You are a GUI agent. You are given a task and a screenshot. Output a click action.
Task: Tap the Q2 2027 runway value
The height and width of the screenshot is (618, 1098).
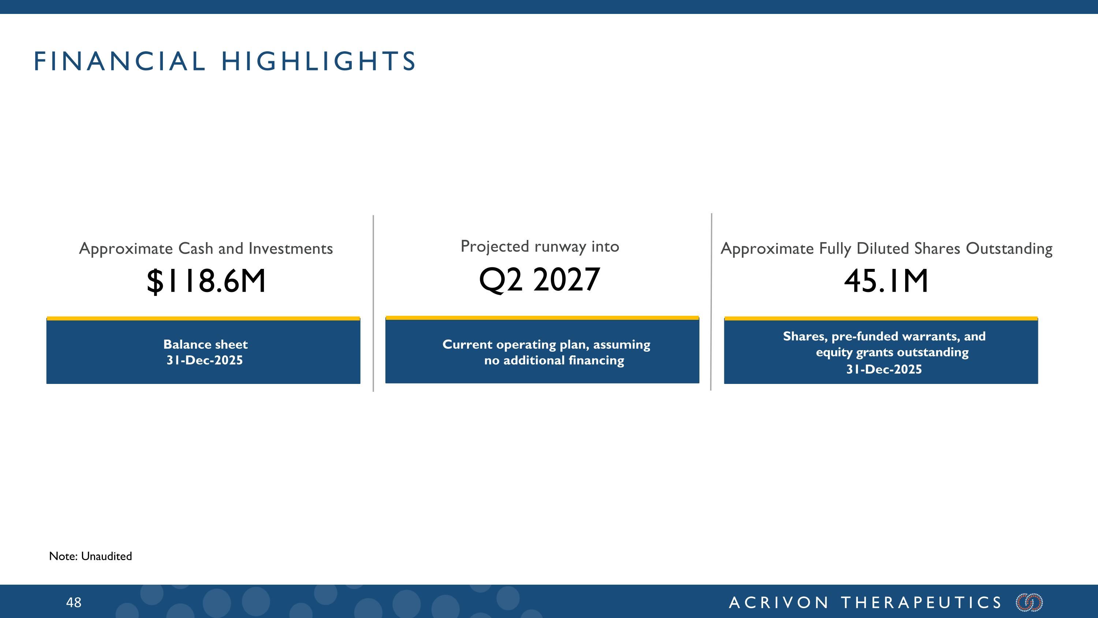[x=539, y=280]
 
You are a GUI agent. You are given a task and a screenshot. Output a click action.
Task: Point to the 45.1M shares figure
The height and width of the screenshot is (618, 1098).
[x=886, y=281]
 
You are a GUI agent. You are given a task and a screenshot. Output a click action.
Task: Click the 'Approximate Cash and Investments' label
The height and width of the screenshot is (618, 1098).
[x=206, y=249]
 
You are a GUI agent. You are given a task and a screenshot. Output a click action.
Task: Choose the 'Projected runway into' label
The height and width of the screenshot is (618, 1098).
[x=539, y=247]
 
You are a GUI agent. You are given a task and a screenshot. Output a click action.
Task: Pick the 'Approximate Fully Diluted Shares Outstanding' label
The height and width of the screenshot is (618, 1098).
[x=886, y=249]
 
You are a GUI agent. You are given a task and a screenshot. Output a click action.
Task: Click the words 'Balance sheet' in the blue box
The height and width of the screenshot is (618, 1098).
[x=205, y=344]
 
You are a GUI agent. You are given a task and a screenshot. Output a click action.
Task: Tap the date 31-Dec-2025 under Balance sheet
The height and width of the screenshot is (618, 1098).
[x=205, y=360]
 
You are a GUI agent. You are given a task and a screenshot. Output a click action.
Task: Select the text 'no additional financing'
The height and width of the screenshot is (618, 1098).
[x=554, y=360]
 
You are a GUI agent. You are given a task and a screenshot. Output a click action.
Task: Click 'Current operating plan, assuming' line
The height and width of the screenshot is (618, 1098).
[x=546, y=345]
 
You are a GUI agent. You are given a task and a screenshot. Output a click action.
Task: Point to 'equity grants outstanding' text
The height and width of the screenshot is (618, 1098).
[x=892, y=352]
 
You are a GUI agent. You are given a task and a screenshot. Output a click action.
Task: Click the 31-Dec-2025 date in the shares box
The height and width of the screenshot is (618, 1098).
[x=884, y=369]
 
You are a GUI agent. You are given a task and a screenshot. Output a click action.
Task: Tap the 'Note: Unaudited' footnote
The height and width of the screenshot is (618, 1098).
[x=90, y=556]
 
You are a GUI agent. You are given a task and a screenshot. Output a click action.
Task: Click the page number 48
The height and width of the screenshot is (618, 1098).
[x=73, y=603]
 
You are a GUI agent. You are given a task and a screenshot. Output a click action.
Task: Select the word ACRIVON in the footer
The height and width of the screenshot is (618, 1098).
[x=779, y=603]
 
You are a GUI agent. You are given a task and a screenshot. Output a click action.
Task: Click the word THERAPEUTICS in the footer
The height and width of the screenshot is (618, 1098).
[x=921, y=603]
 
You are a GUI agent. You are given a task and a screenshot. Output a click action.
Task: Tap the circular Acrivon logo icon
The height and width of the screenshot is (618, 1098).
[x=1029, y=603]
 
